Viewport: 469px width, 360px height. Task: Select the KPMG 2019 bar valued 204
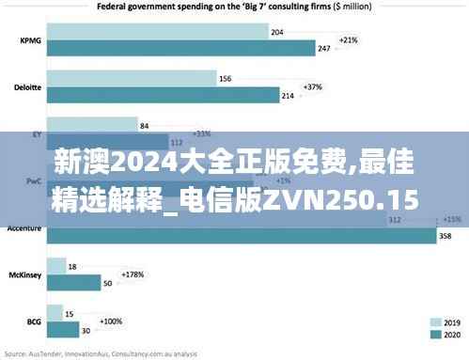[154, 33]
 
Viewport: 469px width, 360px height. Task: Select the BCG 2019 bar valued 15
[53, 314]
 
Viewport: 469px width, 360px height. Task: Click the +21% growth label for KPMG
[348, 40]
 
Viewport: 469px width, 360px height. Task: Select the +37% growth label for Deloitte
[313, 86]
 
